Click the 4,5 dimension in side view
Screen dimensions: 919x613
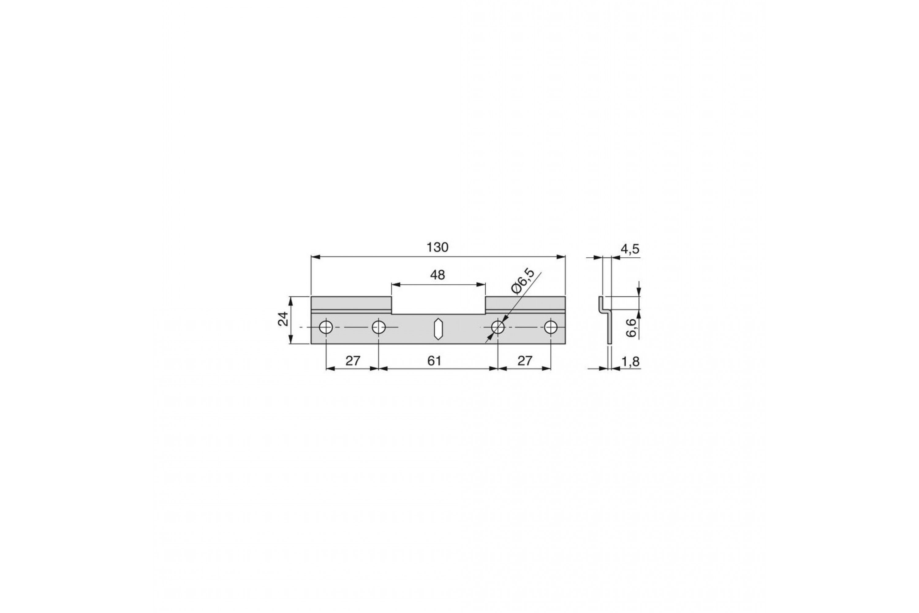630,249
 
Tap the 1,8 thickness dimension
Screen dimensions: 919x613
630,362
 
